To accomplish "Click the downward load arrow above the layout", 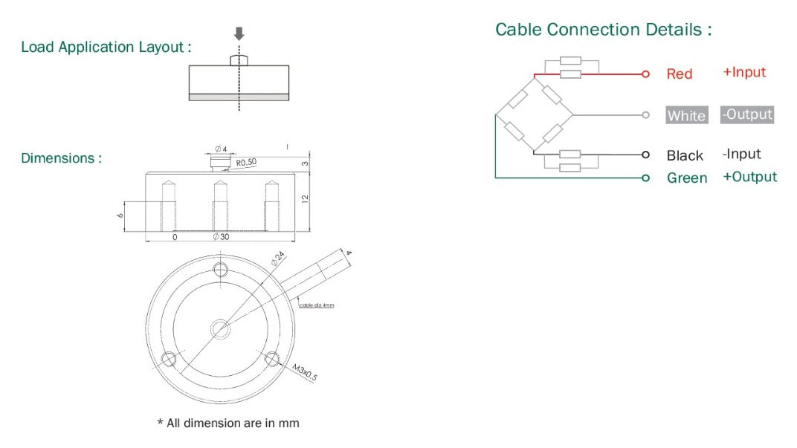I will point(239,34).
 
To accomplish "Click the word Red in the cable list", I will point(679,74).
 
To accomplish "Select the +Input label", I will point(743,72).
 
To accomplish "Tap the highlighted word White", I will point(686,115).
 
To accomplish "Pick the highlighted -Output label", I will point(747,114).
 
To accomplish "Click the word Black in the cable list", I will point(685,155).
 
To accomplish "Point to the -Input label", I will point(741,154).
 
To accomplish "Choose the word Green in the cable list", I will point(687,178).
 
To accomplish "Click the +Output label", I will point(749,177).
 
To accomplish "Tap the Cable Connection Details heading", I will point(604,30).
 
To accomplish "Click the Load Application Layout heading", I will point(106,47).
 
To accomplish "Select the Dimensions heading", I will point(61,158).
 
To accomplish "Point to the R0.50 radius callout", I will point(247,162).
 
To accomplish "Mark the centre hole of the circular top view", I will point(220,328).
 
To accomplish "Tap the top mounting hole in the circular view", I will point(220,268).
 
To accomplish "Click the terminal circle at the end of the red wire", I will point(646,74).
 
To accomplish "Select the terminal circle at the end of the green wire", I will point(646,178).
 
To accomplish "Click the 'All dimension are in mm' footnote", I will point(228,423).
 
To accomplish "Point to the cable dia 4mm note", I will point(317,305).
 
